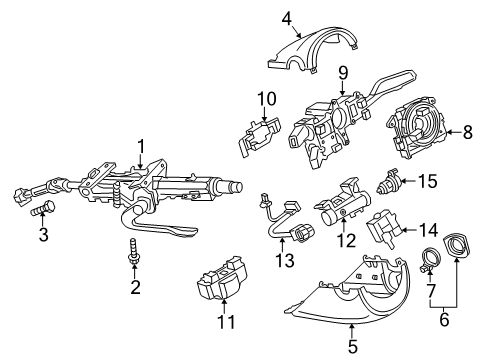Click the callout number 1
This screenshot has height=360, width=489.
click(x=141, y=147)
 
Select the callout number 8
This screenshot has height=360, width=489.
click(x=468, y=132)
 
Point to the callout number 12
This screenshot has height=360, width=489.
click(x=347, y=240)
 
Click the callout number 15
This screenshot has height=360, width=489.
click(x=428, y=181)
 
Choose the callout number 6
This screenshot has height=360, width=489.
click(x=444, y=319)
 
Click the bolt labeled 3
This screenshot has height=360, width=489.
click(x=43, y=208)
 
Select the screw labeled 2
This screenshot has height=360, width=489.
click(x=134, y=252)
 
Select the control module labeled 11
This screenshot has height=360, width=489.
click(x=222, y=278)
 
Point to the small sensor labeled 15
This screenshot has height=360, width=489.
click(x=388, y=181)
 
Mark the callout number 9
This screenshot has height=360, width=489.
click(x=343, y=73)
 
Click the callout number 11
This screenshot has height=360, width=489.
click(x=226, y=322)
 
